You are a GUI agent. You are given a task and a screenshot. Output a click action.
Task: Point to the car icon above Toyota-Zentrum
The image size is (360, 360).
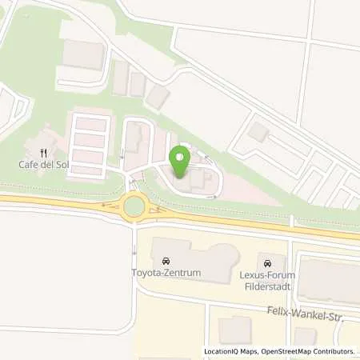point(166,262)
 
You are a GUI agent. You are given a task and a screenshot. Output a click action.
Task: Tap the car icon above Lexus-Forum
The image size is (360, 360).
point(267,262)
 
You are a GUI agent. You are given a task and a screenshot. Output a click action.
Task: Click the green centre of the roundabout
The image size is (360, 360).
point(134,208)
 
